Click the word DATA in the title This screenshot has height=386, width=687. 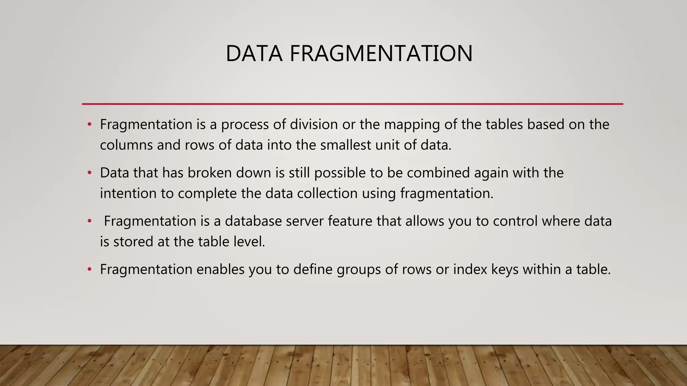[254, 54]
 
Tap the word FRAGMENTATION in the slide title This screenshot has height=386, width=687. [381, 54]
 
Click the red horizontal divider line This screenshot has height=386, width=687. [352, 104]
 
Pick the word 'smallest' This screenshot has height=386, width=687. [345, 145]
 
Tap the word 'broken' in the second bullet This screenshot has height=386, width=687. [210, 173]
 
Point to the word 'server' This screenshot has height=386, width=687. [305, 221]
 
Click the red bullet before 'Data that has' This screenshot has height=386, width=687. [89, 173]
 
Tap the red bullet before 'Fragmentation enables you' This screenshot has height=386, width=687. [89, 269]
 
